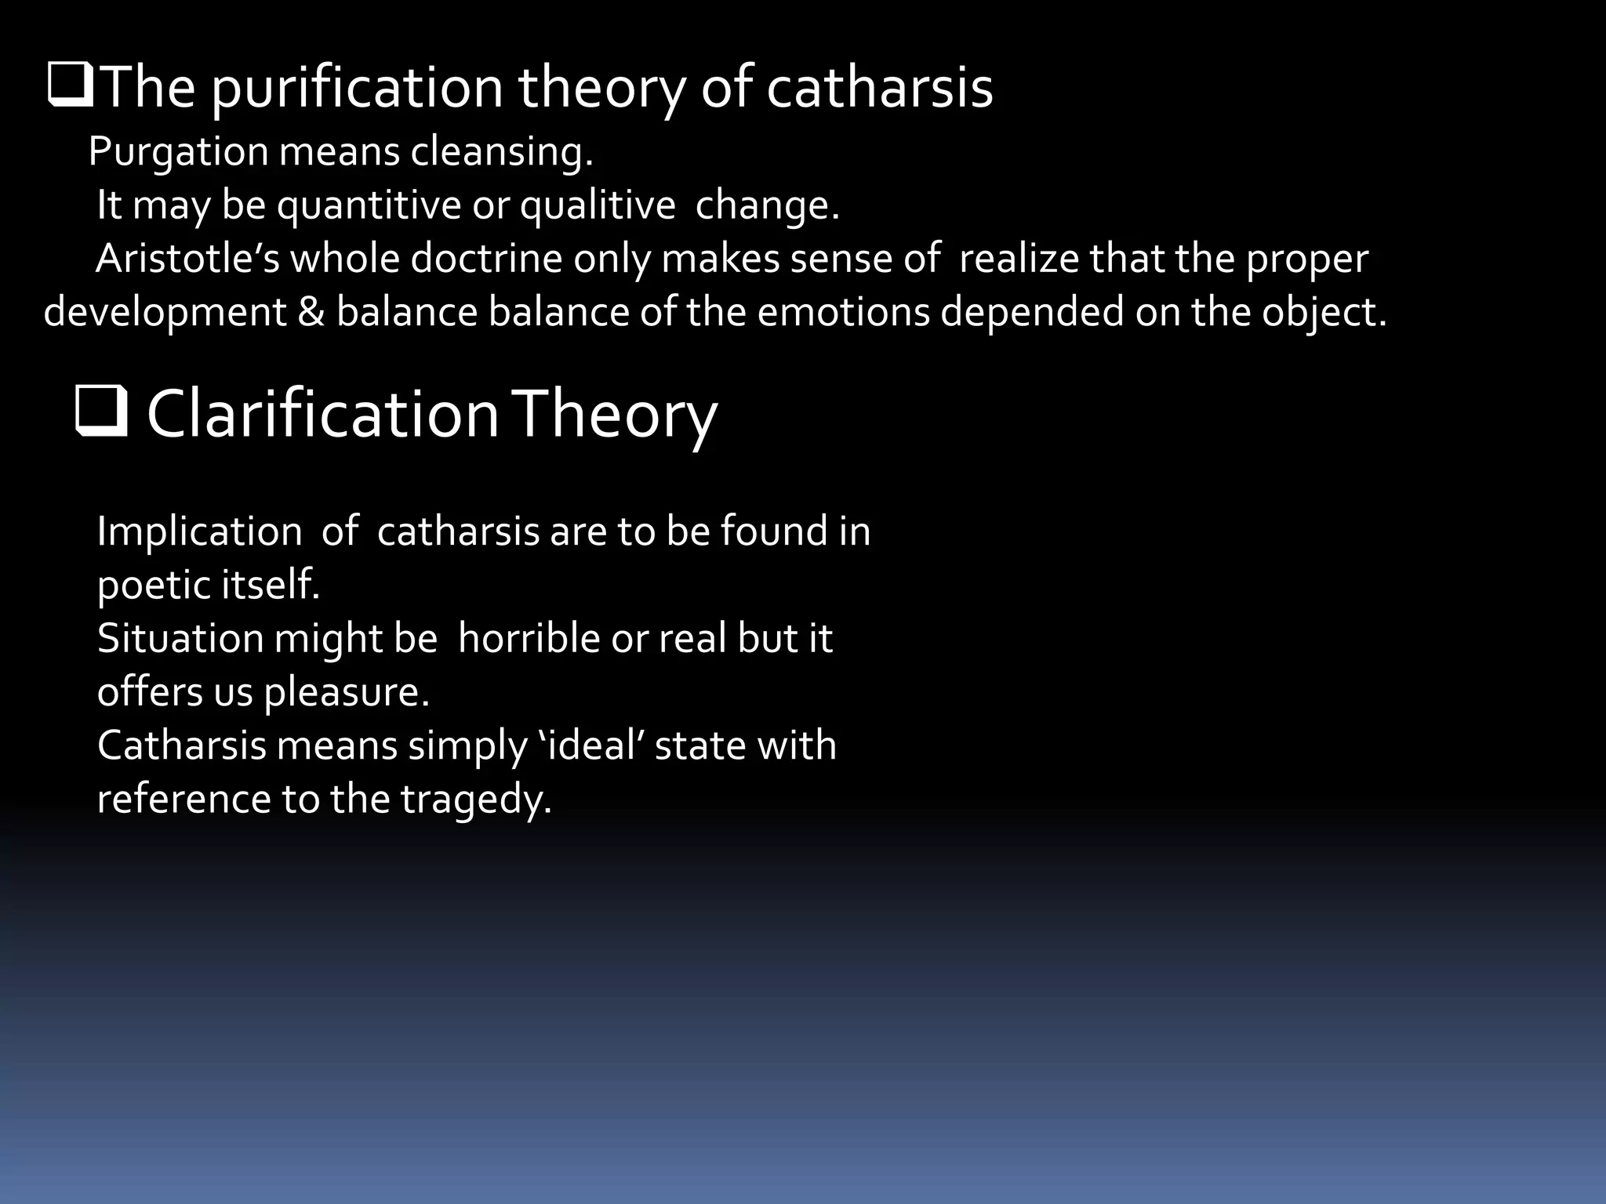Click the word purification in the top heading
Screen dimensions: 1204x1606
coord(357,88)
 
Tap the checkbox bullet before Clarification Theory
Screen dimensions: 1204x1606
coord(101,412)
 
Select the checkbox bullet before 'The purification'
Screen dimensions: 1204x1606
coord(70,86)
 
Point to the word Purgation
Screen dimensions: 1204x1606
coord(178,151)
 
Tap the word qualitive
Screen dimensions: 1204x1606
coord(598,205)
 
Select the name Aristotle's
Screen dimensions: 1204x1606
coord(187,259)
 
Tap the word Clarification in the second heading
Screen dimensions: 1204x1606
coord(322,414)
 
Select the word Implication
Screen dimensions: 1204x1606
coord(199,531)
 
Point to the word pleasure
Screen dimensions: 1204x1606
coord(346,692)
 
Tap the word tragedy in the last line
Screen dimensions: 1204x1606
coord(476,800)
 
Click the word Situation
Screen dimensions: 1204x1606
coord(180,638)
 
